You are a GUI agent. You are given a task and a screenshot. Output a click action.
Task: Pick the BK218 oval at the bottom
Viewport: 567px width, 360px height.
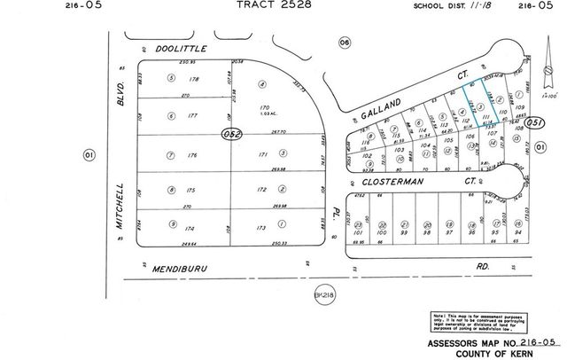pyautogui.click(x=327, y=292)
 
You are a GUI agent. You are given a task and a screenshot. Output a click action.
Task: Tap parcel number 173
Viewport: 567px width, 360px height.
pyautogui.click(x=260, y=228)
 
